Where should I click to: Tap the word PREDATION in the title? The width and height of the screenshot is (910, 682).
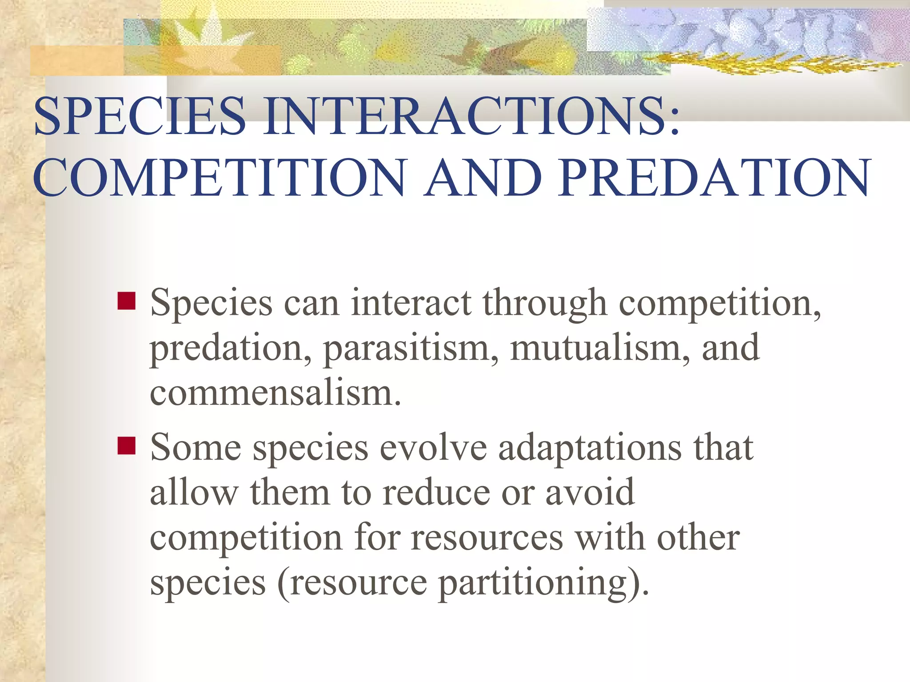click(714, 178)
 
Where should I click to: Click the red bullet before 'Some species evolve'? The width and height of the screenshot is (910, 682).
click(127, 446)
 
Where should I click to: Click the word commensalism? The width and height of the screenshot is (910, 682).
click(275, 393)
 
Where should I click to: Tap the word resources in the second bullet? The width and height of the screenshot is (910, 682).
click(487, 538)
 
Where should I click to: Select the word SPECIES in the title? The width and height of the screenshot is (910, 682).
click(140, 116)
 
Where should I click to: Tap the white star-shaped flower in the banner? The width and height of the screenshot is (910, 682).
click(200, 36)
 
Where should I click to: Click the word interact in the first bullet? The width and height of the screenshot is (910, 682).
click(411, 303)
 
